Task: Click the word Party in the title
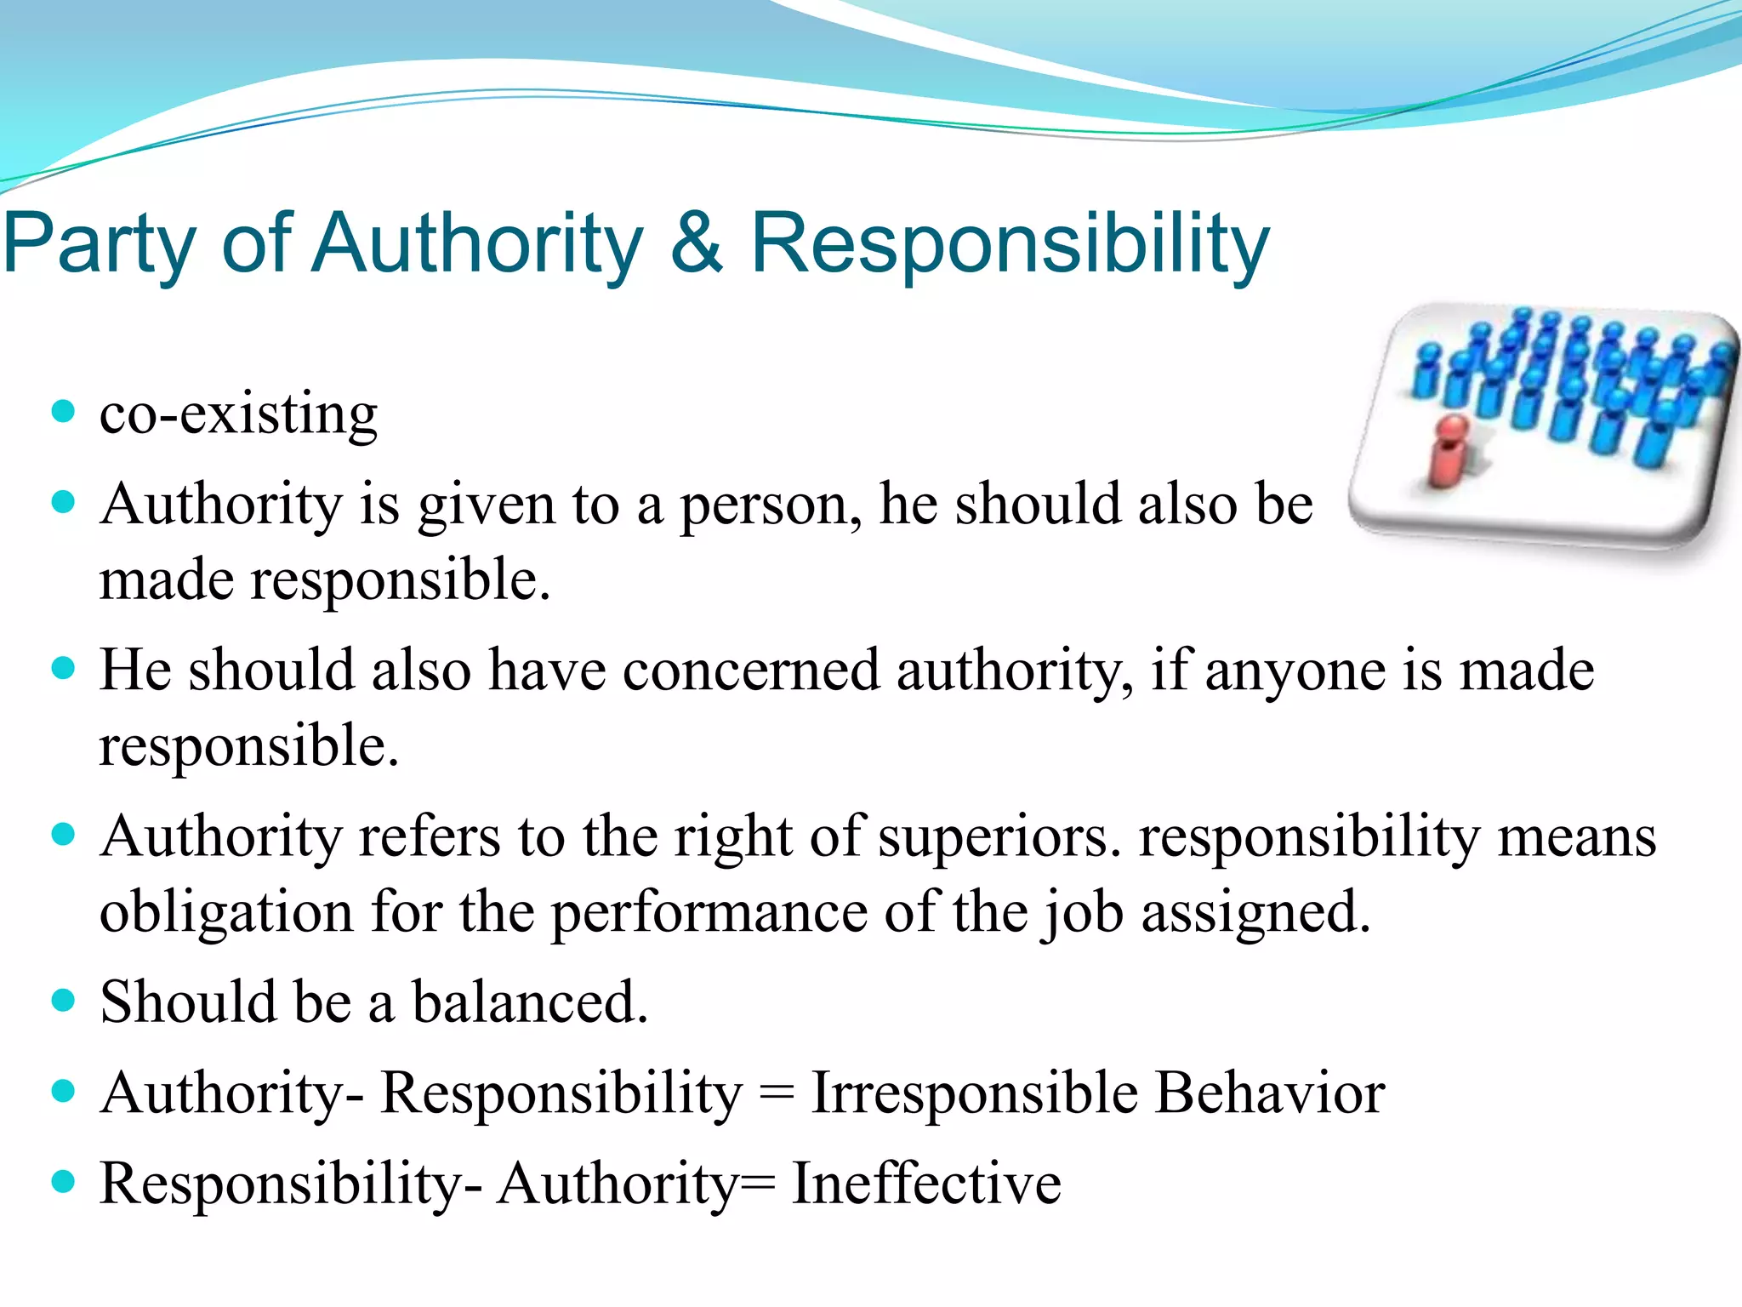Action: coord(100,245)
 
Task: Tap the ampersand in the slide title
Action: coord(697,243)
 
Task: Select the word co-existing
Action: coord(238,414)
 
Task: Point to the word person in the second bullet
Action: coord(770,505)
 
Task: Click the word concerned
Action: coord(751,671)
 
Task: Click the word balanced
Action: coord(530,1002)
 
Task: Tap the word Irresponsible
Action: coord(975,1093)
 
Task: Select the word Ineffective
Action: coord(926,1184)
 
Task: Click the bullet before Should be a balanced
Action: coord(63,1000)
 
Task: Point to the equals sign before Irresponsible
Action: coord(776,1094)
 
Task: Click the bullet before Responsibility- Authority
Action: coord(63,1182)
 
